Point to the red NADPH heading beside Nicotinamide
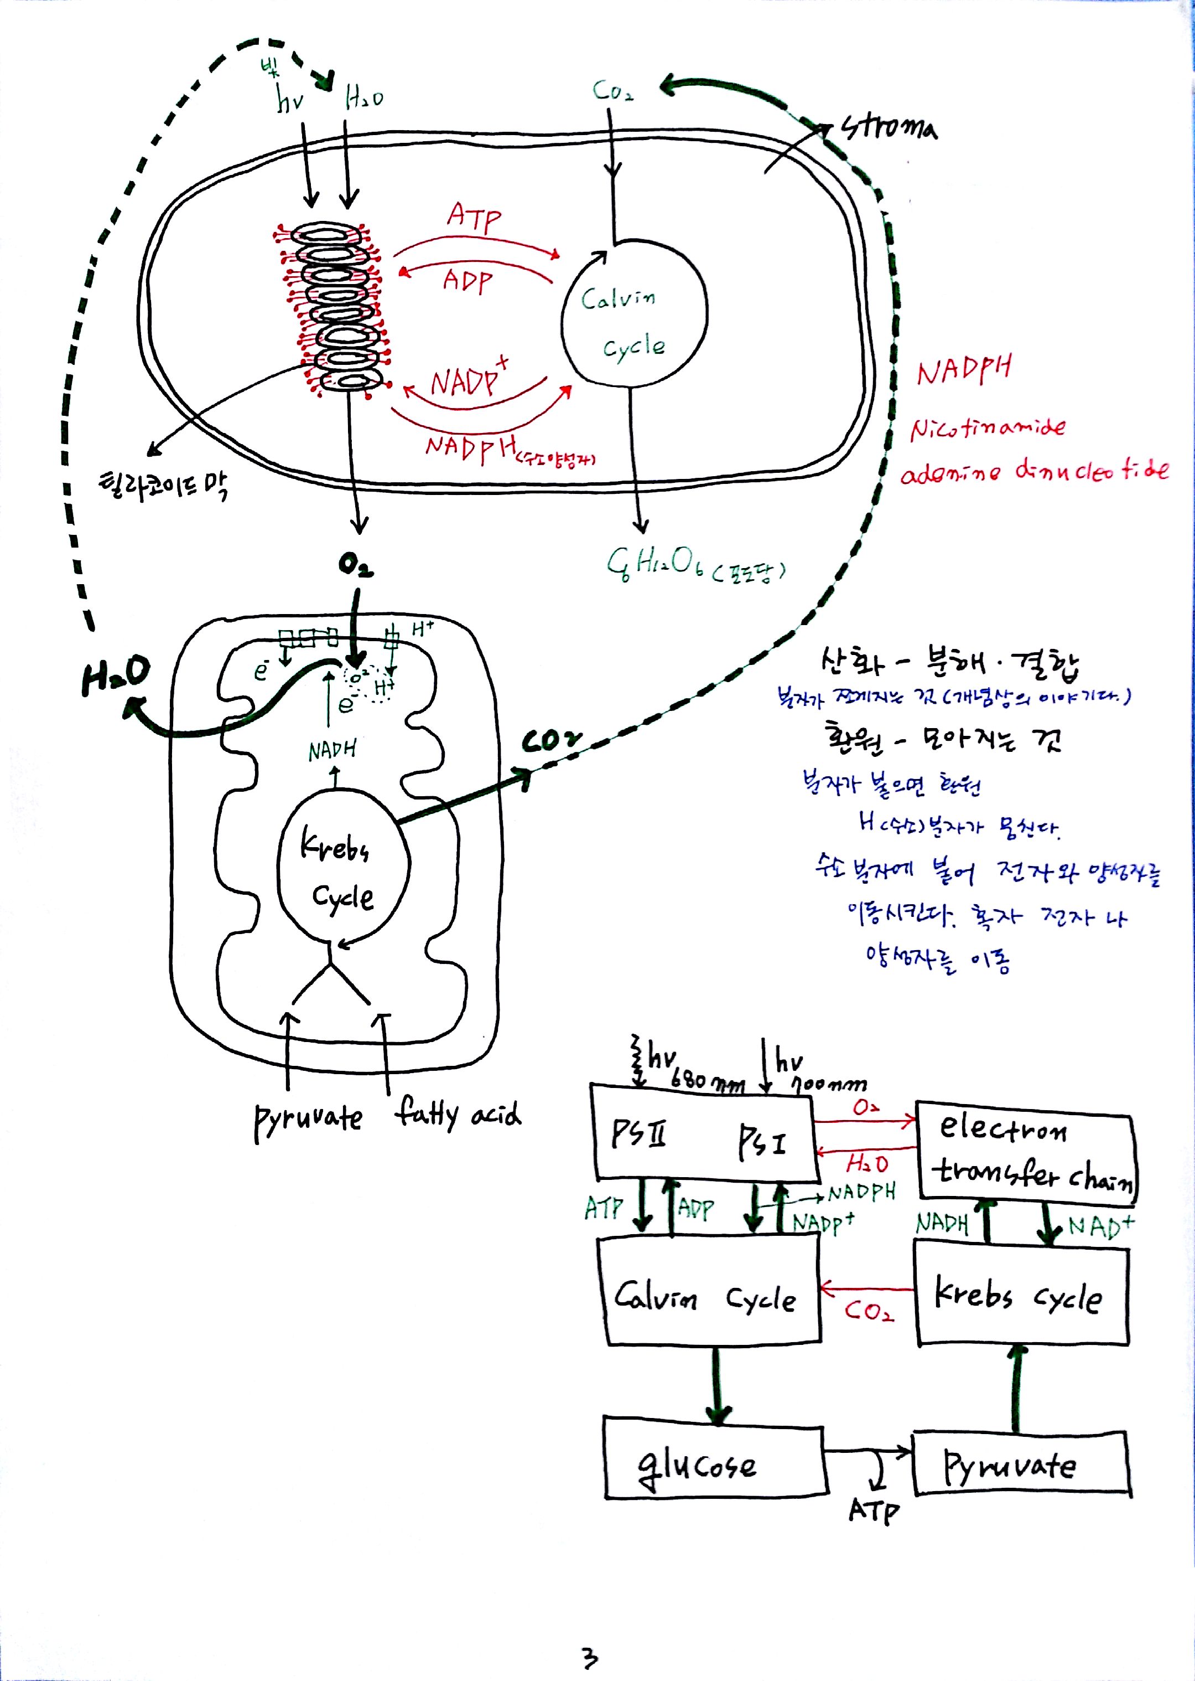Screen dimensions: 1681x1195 (x=964, y=370)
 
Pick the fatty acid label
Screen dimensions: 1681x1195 (x=458, y=1113)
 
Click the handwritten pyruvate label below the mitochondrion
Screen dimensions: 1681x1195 (x=308, y=1119)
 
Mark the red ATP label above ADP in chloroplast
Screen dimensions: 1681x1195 (x=475, y=216)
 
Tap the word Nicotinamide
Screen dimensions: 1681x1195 (x=988, y=429)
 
